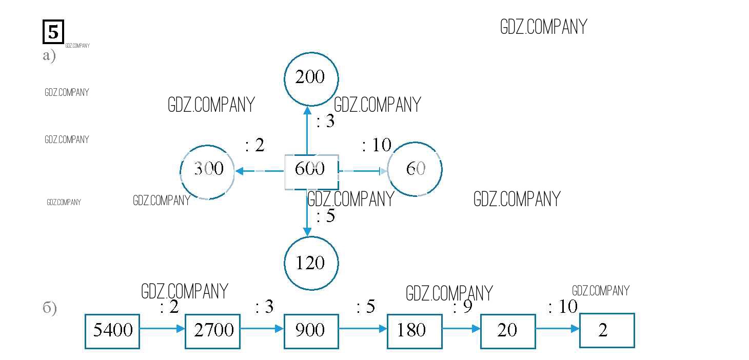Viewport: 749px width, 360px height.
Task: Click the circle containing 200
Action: tap(311, 77)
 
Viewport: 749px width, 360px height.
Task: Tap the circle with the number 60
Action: tap(415, 169)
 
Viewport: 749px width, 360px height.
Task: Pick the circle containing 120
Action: tap(311, 263)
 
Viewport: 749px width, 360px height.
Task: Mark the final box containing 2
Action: tap(607, 330)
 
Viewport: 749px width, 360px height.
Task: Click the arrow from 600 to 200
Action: tap(307, 130)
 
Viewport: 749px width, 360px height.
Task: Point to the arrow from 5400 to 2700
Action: tap(162, 328)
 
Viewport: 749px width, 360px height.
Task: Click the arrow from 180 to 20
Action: tap(461, 328)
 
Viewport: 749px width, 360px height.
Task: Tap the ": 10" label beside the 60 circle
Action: tap(377, 145)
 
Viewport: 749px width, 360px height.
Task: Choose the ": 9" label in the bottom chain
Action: tap(462, 308)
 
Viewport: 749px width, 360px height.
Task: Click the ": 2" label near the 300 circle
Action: tap(254, 145)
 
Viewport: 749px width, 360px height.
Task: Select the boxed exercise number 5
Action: tap(53, 32)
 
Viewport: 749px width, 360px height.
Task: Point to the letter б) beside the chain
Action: tap(50, 309)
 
